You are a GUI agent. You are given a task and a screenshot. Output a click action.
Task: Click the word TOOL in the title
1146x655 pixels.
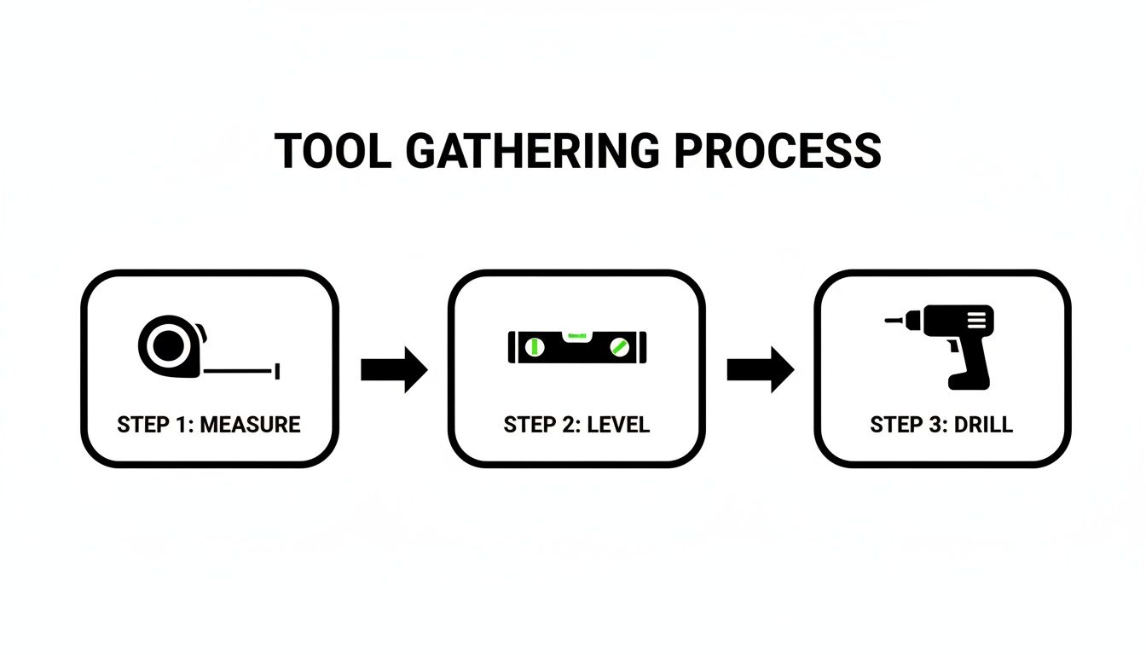(332, 151)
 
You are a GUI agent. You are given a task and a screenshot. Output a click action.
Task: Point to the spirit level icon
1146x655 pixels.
(577, 346)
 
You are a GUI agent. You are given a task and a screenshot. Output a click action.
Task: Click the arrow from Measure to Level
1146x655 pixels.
(393, 370)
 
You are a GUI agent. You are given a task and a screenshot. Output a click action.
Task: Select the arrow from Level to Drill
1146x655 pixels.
(760, 370)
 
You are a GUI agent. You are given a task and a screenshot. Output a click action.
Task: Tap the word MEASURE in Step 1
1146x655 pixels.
(250, 424)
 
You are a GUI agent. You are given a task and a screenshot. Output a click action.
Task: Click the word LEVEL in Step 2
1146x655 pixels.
(620, 424)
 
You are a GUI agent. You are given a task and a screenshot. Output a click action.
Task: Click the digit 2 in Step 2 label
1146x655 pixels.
(568, 424)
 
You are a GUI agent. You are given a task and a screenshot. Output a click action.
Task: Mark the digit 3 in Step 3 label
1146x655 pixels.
(934, 424)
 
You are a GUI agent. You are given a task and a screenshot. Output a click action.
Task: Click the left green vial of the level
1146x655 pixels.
(535, 347)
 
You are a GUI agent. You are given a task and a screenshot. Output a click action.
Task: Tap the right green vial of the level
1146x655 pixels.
(620, 347)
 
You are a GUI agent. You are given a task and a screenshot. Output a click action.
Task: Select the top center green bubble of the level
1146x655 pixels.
(577, 333)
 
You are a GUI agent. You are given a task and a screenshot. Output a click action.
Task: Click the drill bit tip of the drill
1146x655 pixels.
(889, 322)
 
